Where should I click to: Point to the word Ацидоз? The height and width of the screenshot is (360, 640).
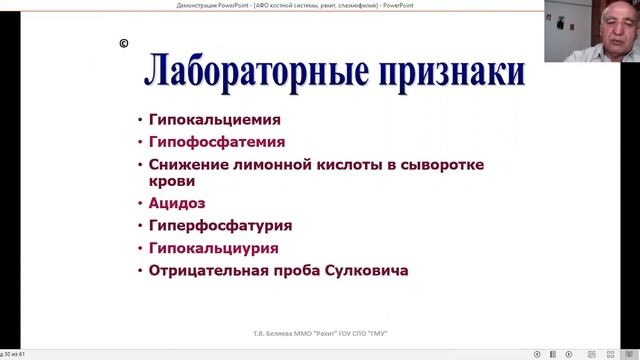[x=177, y=203]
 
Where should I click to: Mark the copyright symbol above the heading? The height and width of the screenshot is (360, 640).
[x=123, y=44]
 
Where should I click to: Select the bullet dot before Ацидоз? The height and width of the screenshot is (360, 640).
[x=140, y=204]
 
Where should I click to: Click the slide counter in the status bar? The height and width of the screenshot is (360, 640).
[x=21, y=354]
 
